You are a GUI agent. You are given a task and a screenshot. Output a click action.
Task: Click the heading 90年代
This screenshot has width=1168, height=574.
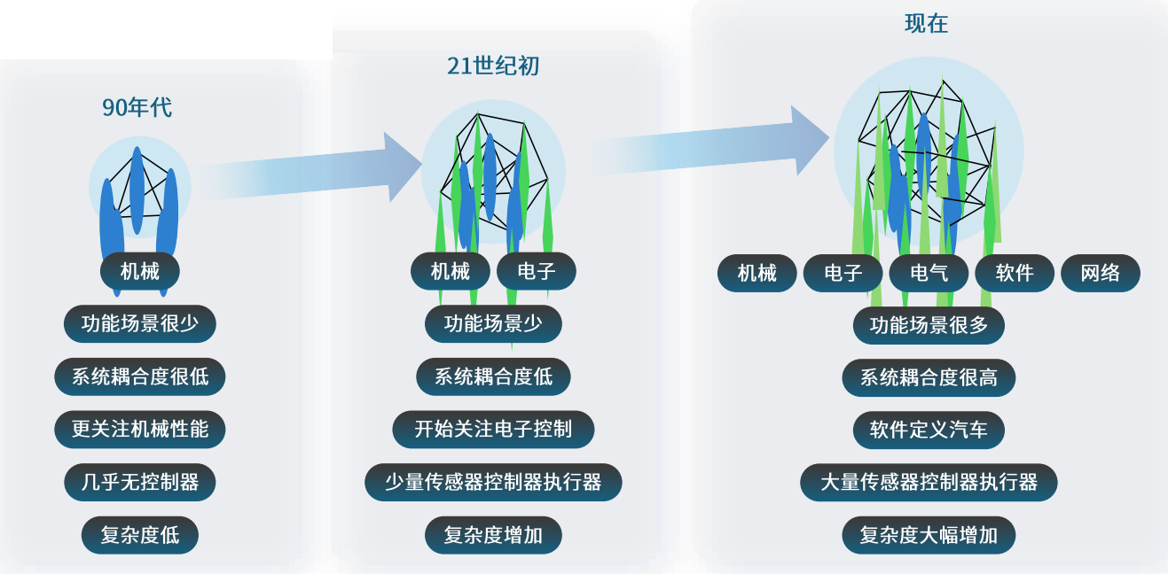(137, 108)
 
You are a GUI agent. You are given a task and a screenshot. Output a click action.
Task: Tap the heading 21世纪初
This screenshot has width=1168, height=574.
(493, 66)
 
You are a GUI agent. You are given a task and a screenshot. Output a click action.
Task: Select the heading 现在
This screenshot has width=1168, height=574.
(926, 24)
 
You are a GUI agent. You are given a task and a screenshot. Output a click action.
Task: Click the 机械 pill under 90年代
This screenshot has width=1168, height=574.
(140, 271)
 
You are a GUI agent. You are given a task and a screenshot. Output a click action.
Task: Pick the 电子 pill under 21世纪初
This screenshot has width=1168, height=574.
(537, 271)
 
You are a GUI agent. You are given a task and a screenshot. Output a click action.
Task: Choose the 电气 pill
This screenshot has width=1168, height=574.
(929, 274)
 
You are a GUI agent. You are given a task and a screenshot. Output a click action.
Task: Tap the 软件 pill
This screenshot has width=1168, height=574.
(1015, 274)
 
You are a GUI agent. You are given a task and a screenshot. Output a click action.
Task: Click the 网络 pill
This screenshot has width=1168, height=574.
(1101, 274)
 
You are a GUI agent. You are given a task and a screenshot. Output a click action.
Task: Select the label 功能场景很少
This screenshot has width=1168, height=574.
(140, 323)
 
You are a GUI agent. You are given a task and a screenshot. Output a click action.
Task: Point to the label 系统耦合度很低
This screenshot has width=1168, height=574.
(140, 376)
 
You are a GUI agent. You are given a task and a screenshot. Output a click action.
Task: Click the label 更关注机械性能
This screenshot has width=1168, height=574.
(140, 430)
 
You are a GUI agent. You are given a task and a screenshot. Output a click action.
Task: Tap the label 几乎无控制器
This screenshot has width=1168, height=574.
(140, 483)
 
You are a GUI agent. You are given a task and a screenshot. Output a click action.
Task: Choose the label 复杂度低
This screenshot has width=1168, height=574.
(140, 536)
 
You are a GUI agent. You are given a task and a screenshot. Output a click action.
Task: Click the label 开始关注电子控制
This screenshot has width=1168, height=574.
(493, 430)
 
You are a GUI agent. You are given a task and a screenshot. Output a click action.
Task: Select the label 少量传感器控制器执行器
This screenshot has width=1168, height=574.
(493, 483)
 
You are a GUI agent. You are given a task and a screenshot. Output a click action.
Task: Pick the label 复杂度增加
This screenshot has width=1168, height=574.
(493, 536)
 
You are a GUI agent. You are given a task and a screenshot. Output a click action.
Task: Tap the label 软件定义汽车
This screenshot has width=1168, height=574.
(929, 430)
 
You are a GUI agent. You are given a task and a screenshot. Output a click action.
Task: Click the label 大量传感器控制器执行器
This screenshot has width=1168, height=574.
(929, 483)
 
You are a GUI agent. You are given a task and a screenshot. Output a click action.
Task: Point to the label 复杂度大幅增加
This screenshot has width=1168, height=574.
(929, 536)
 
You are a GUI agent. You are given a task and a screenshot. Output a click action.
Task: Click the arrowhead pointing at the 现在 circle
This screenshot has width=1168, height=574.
(809, 140)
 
